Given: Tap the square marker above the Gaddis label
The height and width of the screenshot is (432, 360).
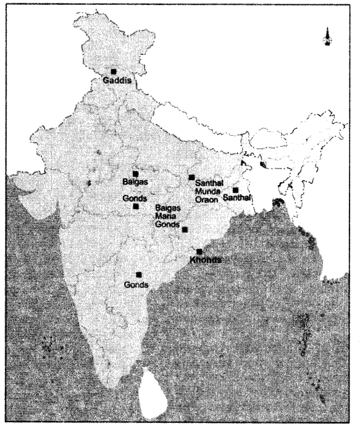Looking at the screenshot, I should tap(113, 72).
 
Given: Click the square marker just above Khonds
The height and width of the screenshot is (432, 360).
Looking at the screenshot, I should tap(199, 251).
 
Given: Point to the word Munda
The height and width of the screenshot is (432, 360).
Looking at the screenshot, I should tap(206, 191).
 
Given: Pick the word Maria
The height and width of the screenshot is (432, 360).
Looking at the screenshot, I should tap(167, 215).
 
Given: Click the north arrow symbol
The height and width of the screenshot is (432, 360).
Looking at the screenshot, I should tap(328, 38).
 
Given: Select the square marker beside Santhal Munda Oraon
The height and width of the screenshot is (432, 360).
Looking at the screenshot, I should tap(191, 178).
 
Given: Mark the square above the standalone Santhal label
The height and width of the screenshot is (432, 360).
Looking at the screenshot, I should tap(235, 190).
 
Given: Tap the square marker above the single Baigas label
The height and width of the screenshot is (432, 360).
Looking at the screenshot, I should tap(135, 174).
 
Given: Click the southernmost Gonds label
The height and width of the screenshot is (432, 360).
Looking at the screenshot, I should tap(136, 285).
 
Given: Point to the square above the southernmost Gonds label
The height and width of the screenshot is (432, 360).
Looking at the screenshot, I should tap(138, 275).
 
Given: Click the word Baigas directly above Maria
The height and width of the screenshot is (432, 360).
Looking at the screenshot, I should tap(169, 207).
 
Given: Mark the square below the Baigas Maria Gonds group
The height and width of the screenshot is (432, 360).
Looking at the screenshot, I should tap(185, 230).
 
